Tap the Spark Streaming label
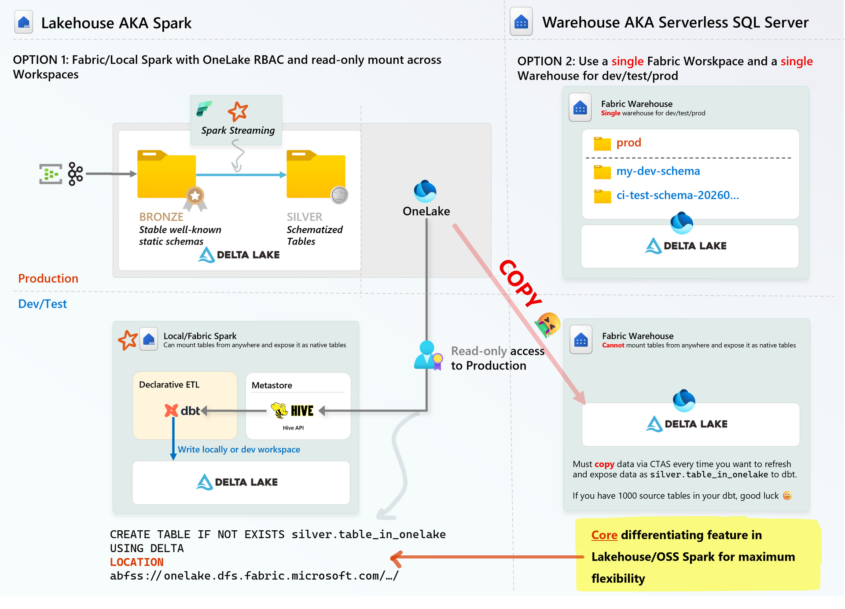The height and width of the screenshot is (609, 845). pos(238,131)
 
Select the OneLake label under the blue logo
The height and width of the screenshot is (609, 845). pos(426,212)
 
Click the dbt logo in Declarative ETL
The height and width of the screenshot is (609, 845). pos(182,411)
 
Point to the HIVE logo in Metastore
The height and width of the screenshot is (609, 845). pos(293,411)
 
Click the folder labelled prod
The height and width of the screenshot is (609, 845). pos(602,143)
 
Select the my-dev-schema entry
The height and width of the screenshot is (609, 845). pos(658,171)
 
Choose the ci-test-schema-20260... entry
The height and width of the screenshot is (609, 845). pos(677,195)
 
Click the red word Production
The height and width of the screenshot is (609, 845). pos(48,279)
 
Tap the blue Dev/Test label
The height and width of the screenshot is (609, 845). pos(42,304)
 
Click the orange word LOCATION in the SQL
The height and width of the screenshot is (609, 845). pos(136,562)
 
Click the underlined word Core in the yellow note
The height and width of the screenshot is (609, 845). pos(604,535)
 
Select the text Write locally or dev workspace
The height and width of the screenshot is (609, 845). pos(239,449)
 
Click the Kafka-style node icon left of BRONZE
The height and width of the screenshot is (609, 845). pos(75,174)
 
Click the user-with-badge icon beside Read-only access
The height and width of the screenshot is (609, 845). pos(428,355)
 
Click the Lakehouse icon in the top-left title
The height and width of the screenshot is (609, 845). pos(24,22)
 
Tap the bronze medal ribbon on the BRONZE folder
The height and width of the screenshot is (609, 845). pos(195,199)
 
